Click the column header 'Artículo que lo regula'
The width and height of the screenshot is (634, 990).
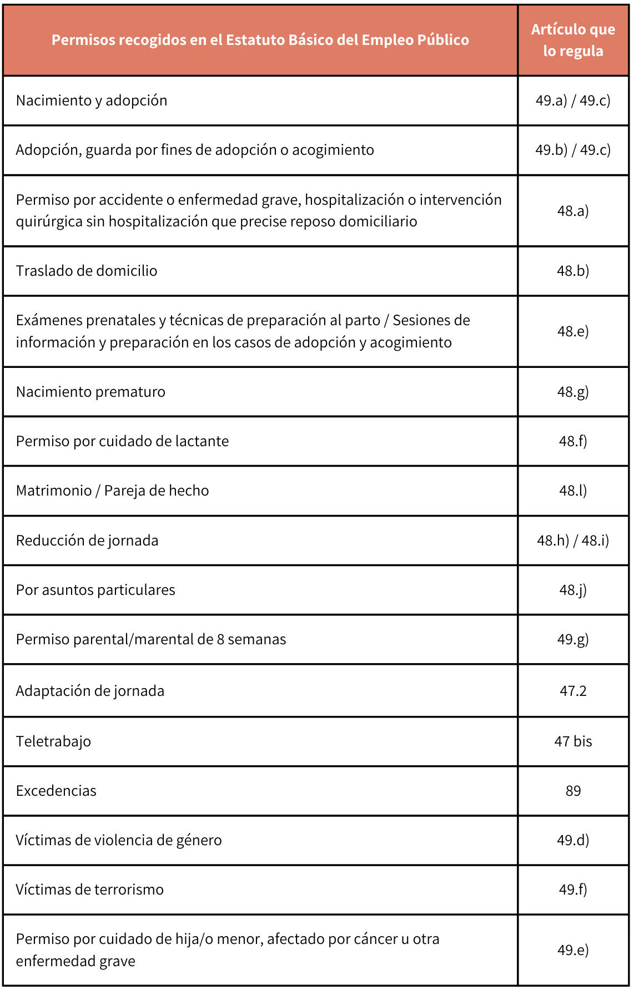[x=573, y=40]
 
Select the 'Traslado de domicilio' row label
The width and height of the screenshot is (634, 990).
[x=87, y=271]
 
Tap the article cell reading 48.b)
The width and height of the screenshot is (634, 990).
[x=573, y=271]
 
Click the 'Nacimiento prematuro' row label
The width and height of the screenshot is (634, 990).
[x=90, y=392]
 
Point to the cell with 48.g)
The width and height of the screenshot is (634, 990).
[x=573, y=392]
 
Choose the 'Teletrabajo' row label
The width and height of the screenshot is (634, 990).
[x=53, y=741]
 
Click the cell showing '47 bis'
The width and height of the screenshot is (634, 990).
[x=573, y=741]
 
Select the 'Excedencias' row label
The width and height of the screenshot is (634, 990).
[x=56, y=791]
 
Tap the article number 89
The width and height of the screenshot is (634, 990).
[x=573, y=791]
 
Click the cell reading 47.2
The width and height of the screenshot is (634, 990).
[x=573, y=691]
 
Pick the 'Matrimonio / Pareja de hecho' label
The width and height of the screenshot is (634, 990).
[x=113, y=491]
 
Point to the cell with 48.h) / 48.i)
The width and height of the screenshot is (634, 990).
[x=573, y=541]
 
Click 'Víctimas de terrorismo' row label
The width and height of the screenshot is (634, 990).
[x=90, y=890]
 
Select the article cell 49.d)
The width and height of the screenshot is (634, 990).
[x=573, y=840]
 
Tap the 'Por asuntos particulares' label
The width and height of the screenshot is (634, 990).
[x=95, y=590]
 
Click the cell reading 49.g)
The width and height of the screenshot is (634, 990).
[x=573, y=639]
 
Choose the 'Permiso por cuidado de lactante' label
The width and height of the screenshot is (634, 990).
[x=122, y=441]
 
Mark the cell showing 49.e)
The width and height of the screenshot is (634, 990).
[x=573, y=950]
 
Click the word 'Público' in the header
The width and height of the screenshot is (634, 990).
[x=443, y=40]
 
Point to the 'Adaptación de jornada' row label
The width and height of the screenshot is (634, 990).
[x=90, y=691]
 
